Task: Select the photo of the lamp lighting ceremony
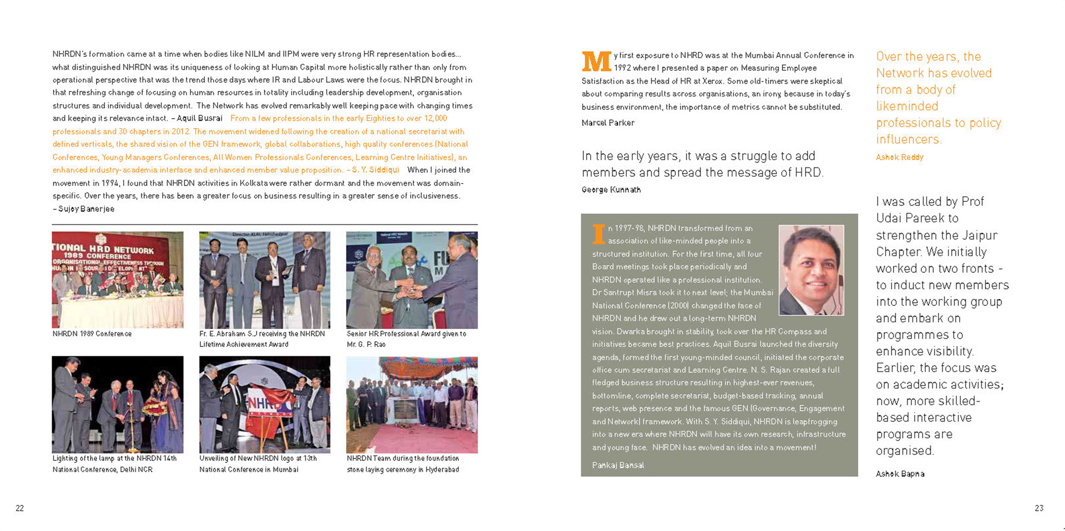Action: [117, 404]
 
